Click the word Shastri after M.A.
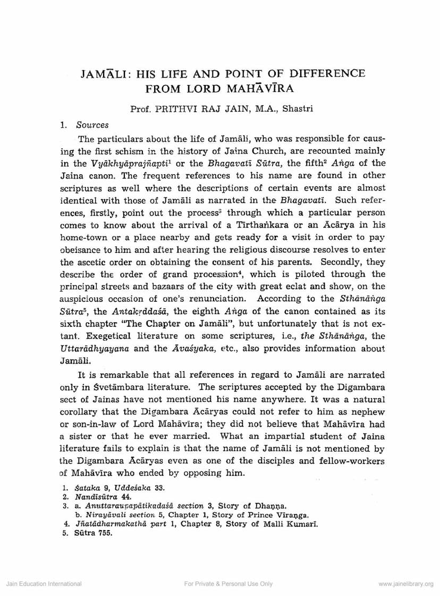298,109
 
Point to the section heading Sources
92,125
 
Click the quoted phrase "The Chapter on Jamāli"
133,324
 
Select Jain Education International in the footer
44,584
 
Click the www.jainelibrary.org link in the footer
405,584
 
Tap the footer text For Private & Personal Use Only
228,584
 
